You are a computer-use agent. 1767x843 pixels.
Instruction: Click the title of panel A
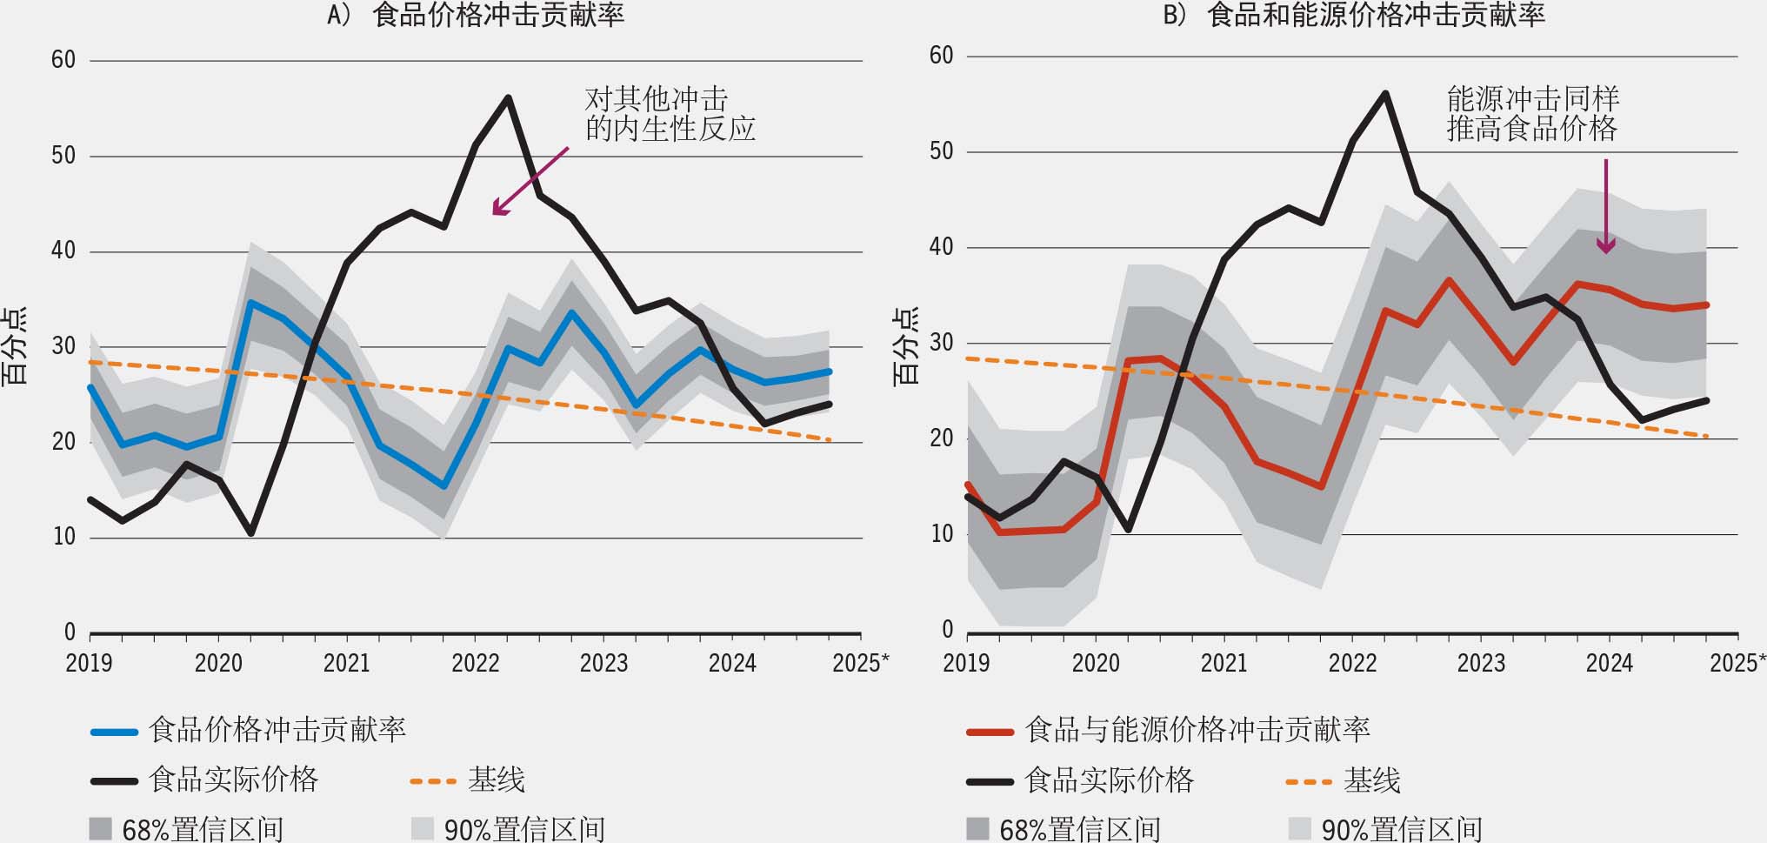coord(476,14)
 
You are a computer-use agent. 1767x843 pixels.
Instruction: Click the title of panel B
coord(1354,14)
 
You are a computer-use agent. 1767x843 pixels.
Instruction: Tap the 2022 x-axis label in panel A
coord(476,663)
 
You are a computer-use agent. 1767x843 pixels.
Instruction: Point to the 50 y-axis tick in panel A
coord(63,156)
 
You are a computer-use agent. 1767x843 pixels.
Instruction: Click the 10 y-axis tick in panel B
coord(942,534)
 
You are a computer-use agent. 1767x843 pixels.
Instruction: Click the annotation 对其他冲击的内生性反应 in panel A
coord(670,114)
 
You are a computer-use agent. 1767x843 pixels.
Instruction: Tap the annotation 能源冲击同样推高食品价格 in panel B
coord(1532,114)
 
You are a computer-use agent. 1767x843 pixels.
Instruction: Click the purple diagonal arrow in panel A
coord(530,181)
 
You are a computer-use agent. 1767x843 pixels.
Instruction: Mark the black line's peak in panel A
coord(508,97)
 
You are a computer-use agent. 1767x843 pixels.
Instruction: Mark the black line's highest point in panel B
coord(1385,93)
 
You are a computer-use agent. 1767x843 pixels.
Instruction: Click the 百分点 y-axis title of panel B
coord(906,346)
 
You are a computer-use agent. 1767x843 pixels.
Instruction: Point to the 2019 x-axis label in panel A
coord(89,663)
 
